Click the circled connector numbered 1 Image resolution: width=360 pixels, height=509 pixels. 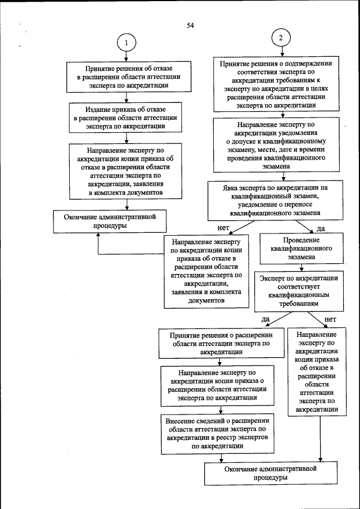pos(127,43)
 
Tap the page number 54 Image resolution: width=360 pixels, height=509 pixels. pos(190,26)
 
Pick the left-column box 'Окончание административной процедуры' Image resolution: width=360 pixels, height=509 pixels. pos(110,220)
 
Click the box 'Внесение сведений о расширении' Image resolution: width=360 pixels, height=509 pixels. pos(217,433)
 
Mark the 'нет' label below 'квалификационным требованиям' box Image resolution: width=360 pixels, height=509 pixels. pos(330,320)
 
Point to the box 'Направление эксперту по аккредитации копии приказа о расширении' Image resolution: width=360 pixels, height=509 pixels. pos(217,385)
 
